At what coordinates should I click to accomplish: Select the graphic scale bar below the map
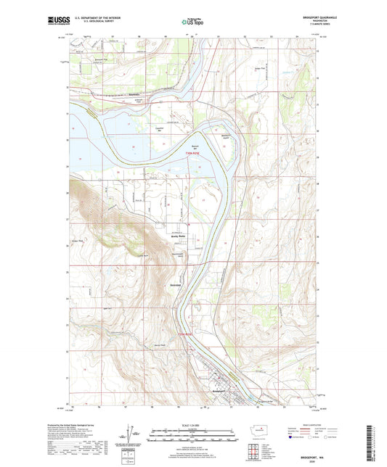click(x=192, y=437)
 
